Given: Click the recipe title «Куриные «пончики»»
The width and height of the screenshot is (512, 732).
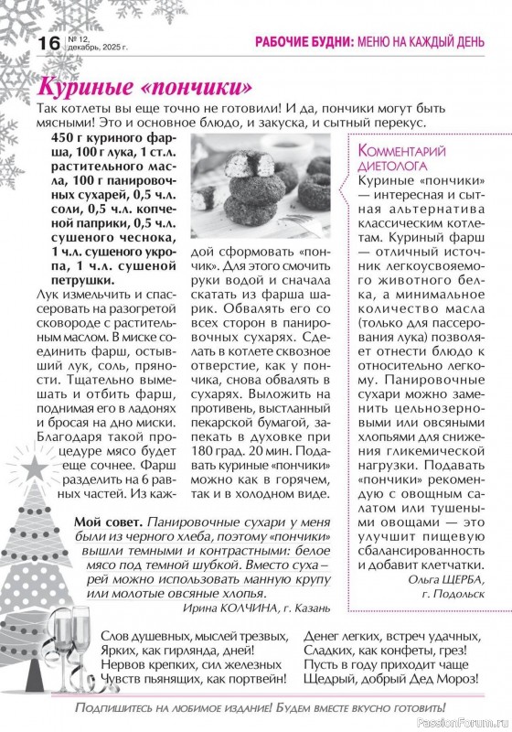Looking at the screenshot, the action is [x=144, y=89].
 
